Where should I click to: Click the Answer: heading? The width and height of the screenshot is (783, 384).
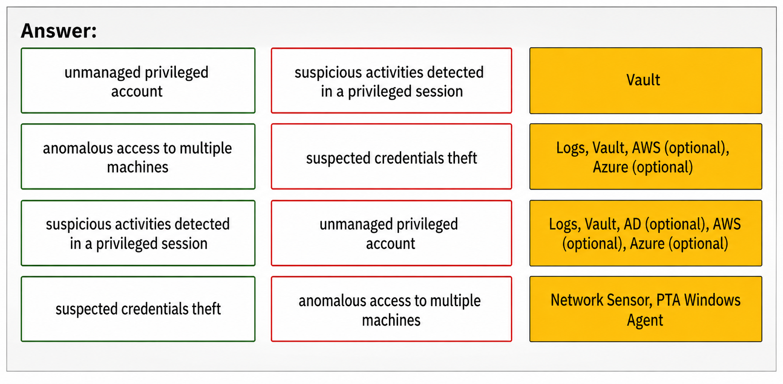(59, 31)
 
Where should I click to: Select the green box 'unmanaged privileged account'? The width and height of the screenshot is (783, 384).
(138, 81)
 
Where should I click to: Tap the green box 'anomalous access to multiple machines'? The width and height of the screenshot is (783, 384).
(138, 157)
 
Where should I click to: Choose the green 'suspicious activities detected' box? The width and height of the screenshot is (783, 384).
(138, 233)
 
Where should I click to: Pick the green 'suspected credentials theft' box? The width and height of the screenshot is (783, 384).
(138, 309)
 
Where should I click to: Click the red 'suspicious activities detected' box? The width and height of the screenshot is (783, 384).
(391, 81)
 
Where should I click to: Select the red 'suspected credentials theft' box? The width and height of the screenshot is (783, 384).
(391, 157)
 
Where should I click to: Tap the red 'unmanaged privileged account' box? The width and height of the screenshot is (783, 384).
(391, 233)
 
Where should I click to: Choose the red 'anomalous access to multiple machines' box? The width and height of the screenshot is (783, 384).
(391, 309)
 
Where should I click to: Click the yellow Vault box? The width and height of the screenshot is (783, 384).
(646, 81)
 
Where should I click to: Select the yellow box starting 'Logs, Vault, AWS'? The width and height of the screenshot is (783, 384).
(646, 157)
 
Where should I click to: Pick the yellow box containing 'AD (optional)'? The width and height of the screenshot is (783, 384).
(646, 233)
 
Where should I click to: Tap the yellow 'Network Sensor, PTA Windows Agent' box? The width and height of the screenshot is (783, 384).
(646, 309)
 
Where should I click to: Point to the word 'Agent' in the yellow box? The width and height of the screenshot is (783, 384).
(645, 320)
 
